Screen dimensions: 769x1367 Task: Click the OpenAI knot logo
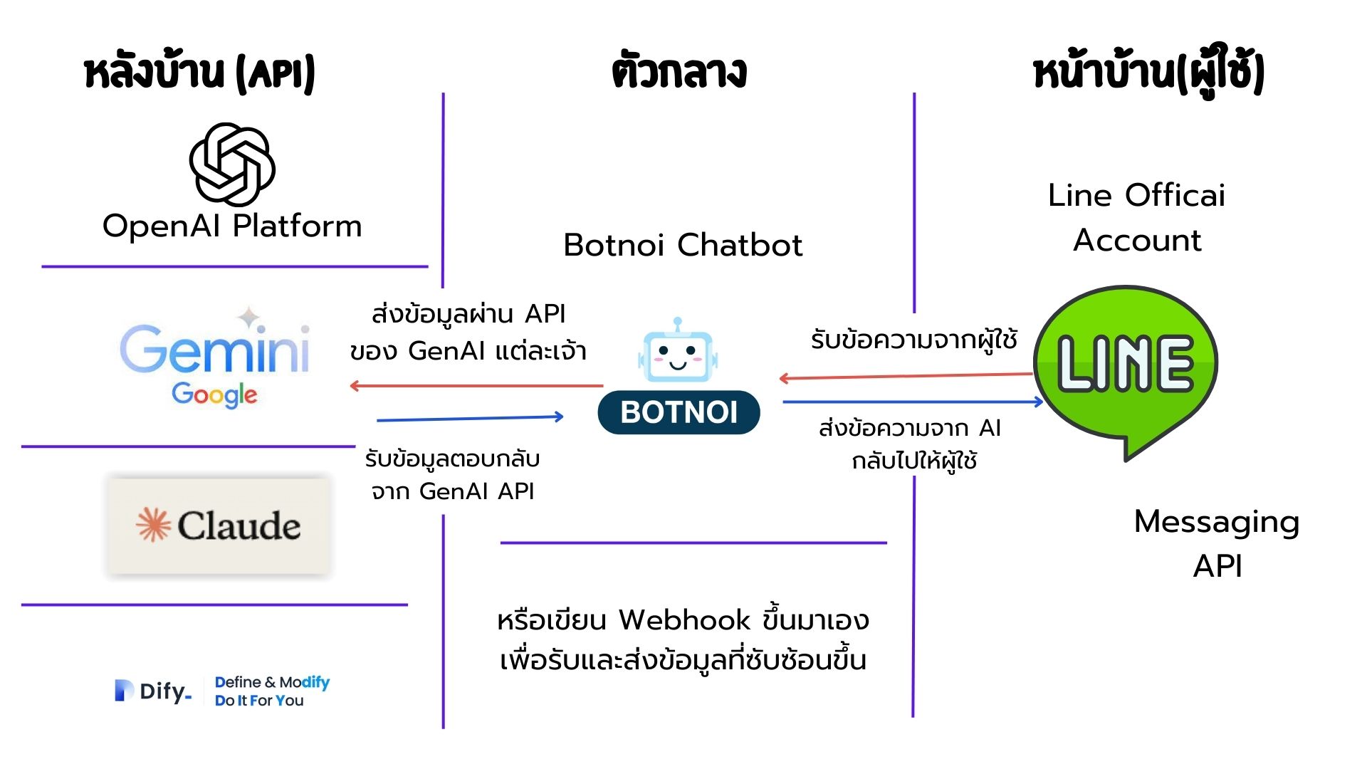tap(232, 164)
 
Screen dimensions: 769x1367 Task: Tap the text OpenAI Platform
tap(232, 226)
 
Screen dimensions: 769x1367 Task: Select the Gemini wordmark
tap(215, 348)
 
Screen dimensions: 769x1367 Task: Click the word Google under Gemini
tap(214, 394)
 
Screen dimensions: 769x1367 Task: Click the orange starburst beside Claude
tap(153, 525)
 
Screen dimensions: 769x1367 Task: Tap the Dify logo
tap(152, 691)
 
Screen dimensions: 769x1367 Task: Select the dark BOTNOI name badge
tap(679, 412)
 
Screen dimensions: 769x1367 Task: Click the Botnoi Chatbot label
tap(682, 245)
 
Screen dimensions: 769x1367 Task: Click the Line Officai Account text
tap(1136, 217)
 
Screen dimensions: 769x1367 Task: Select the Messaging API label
tap(1217, 543)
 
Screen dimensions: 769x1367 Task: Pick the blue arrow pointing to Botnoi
tap(470, 418)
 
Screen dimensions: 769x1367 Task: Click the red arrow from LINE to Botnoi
tap(906, 376)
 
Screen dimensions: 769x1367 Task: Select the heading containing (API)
tap(199, 73)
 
